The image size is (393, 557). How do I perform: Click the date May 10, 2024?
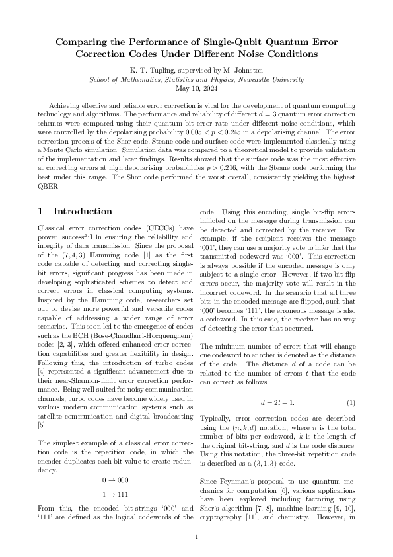196,87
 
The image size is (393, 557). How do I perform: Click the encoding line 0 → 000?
115,479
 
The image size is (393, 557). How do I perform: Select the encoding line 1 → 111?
115,494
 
